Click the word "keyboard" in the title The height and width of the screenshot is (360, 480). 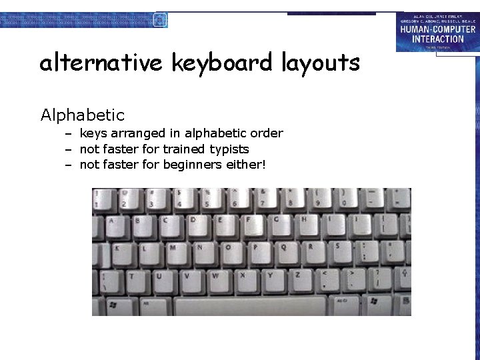tap(221, 63)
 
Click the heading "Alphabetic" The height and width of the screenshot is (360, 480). tap(83, 115)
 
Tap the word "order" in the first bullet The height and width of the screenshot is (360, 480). tap(265, 133)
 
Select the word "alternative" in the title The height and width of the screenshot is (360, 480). tap(101, 63)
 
